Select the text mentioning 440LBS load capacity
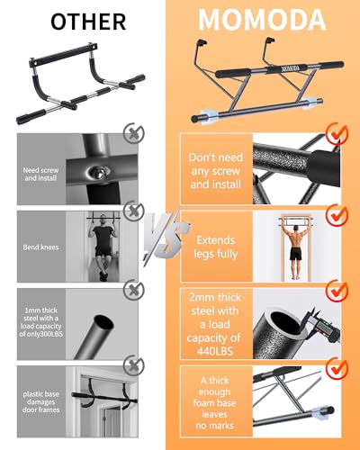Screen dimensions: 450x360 tap(215, 320)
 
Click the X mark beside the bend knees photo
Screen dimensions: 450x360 tap(135, 211)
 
